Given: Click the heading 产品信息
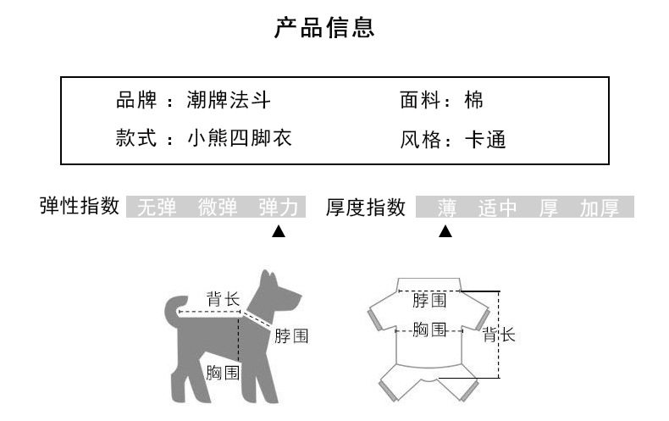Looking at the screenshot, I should (x=324, y=28).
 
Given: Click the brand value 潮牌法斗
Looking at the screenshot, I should (x=229, y=102).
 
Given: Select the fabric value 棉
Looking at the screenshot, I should (x=474, y=102).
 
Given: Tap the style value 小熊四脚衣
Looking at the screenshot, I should (x=240, y=138).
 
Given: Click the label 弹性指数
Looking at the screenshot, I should (x=80, y=207).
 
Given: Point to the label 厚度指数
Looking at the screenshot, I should (x=366, y=208).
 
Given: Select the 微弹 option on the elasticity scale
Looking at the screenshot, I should (x=218, y=208).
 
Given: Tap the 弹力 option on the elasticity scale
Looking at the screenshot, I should (x=279, y=208).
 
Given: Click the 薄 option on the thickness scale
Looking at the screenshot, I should (x=447, y=208).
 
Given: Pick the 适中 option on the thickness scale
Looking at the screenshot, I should (x=497, y=208).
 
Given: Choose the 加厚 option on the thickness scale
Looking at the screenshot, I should (x=600, y=208).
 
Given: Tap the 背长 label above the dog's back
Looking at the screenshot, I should (x=224, y=300).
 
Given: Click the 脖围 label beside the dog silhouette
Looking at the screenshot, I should (x=290, y=336).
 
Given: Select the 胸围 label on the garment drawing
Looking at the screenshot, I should (x=429, y=330).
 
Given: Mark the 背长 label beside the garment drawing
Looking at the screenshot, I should (x=499, y=335).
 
